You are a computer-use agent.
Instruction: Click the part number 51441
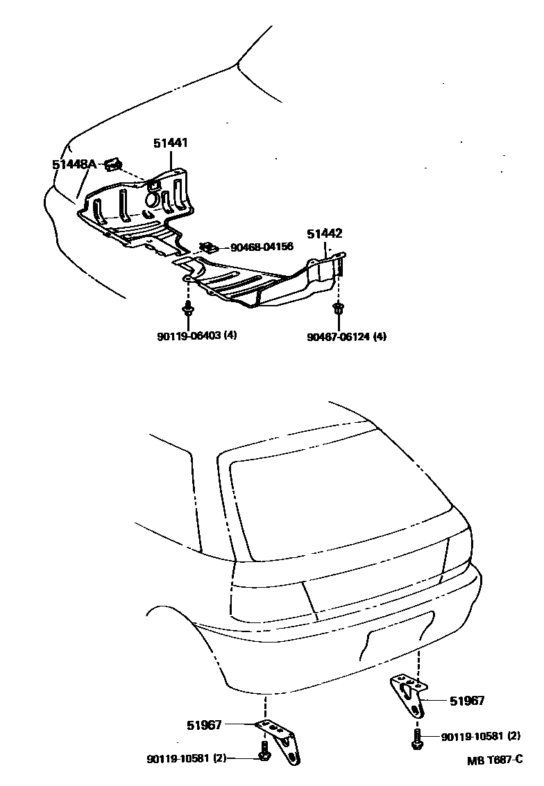171,143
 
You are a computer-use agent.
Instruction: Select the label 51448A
74,164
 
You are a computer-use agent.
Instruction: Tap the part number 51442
325,234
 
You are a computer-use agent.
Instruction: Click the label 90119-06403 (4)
197,337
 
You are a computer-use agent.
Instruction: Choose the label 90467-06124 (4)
347,337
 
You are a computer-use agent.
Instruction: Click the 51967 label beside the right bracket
467,701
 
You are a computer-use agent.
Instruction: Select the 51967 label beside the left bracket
204,725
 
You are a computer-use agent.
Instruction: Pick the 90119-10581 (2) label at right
481,736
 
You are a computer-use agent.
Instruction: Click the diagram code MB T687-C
494,760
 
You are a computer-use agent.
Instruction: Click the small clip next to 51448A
113,164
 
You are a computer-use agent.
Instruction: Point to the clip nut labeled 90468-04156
207,247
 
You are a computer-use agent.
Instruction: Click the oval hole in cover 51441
151,200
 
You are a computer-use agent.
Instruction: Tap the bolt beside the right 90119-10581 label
416,736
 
